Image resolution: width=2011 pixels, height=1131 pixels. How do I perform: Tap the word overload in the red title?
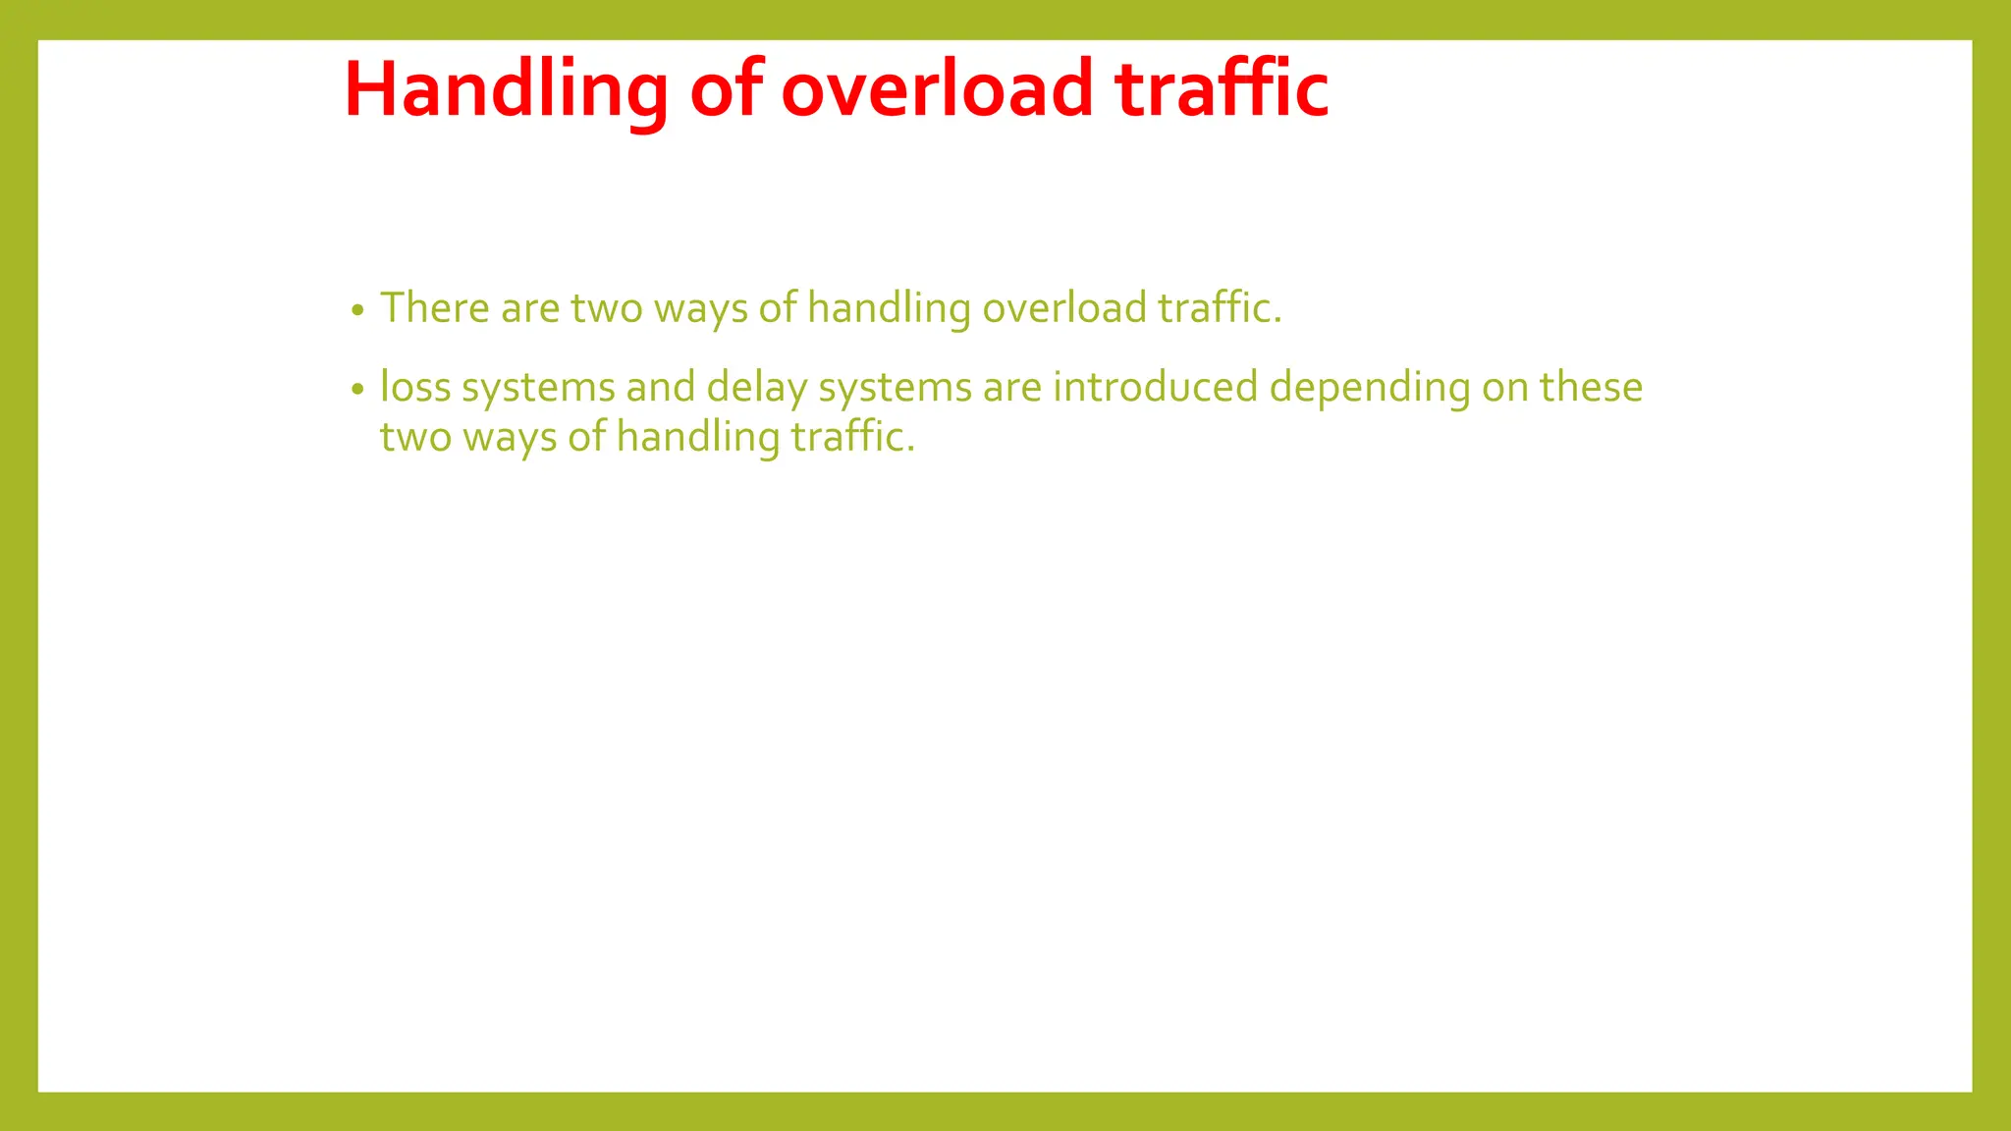click(937, 89)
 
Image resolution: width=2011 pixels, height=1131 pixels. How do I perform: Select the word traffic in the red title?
click(1222, 89)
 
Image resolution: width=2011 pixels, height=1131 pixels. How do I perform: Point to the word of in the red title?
click(727, 89)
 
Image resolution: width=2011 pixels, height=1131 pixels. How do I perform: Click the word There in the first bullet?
click(434, 307)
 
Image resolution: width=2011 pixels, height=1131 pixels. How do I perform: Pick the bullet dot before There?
click(357, 311)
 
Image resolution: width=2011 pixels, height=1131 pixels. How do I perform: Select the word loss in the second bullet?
click(415, 387)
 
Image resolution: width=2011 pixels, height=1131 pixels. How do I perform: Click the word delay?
click(756, 387)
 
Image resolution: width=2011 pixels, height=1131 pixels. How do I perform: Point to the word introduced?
click(1155, 387)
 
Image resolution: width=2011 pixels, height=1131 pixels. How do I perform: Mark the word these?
click(1591, 387)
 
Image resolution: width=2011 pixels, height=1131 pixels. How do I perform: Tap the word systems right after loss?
click(538, 387)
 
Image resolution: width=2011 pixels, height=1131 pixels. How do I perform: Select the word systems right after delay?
click(895, 387)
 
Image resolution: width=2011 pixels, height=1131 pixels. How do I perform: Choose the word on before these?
click(1504, 387)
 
